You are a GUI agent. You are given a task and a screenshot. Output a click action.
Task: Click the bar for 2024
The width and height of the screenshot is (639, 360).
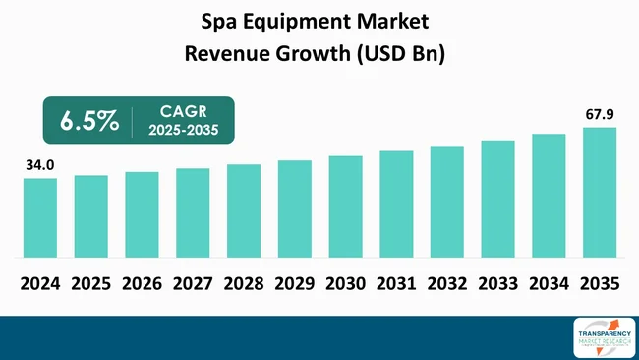pyautogui.click(x=40, y=219)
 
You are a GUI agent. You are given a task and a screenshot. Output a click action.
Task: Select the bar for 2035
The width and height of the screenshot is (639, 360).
pyautogui.click(x=600, y=194)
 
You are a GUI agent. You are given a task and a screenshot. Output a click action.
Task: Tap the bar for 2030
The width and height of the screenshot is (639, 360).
pyautogui.click(x=345, y=208)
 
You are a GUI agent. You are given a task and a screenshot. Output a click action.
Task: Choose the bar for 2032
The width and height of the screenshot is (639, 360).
pyautogui.click(x=447, y=203)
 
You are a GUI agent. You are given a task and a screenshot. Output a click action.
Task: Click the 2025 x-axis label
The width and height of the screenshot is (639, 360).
pyautogui.click(x=91, y=283)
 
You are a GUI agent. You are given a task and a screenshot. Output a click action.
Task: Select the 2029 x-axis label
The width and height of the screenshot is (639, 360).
pyautogui.click(x=295, y=283)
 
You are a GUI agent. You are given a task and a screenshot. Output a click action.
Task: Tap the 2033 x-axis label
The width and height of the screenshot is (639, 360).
pyautogui.click(x=498, y=283)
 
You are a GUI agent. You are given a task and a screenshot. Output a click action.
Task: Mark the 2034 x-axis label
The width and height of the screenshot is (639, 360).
pyautogui.click(x=550, y=283)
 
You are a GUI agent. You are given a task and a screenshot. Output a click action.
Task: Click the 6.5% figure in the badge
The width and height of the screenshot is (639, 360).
pyautogui.click(x=89, y=121)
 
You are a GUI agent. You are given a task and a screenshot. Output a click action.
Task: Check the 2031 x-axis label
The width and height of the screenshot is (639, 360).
pyautogui.click(x=396, y=283)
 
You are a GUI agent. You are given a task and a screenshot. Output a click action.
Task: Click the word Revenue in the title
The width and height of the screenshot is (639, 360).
pyautogui.click(x=228, y=53)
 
